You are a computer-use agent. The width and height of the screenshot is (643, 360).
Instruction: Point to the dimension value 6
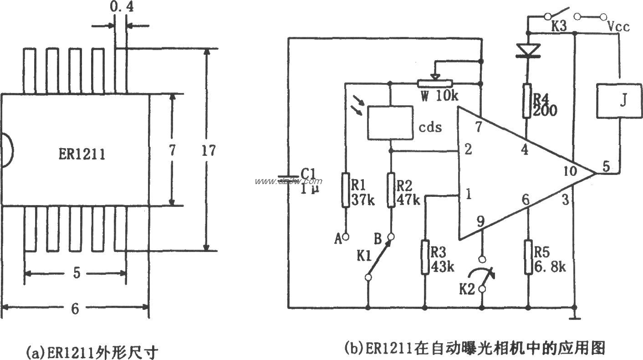tap(75, 309)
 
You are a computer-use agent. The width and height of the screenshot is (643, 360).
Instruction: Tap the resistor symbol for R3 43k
tap(424, 258)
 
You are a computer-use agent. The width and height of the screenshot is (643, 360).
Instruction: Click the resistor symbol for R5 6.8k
tap(528, 258)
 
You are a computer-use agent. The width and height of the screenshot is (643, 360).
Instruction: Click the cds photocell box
tap(390, 123)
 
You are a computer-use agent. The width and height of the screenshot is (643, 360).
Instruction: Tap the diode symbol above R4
tap(527, 49)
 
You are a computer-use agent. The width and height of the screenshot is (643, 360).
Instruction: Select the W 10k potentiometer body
tap(435, 83)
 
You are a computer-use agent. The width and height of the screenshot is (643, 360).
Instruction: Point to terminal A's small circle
tap(346, 237)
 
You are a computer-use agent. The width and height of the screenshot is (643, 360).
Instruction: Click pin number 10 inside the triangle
tap(569, 172)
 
